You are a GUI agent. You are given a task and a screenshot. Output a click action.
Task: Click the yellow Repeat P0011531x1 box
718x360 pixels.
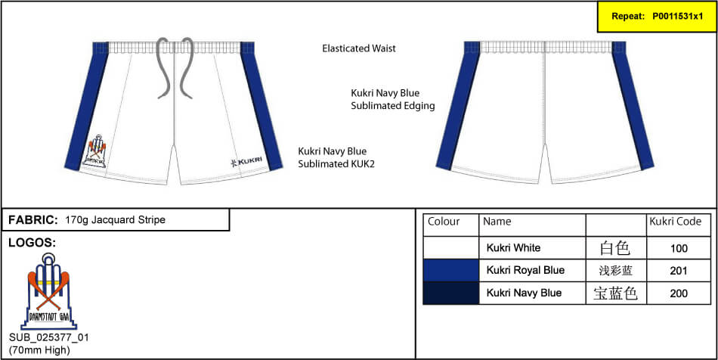(656, 17)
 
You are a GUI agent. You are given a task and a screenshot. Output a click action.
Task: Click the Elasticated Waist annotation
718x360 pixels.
(359, 48)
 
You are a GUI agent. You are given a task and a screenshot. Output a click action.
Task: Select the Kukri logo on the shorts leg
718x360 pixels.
(246, 161)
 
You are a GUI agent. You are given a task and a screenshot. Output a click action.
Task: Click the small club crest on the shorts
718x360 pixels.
(96, 151)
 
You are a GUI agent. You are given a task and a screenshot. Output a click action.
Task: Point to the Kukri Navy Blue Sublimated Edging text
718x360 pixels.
(392, 99)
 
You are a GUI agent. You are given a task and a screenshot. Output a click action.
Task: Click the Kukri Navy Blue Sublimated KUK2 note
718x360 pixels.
(336, 157)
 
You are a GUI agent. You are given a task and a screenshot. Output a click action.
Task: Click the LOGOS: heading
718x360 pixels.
(32, 244)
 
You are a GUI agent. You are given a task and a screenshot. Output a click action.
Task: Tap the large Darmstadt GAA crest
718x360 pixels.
(48, 291)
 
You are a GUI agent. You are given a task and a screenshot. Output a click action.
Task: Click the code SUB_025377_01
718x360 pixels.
(49, 338)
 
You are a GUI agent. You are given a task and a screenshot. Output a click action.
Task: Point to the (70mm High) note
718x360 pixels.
(39, 351)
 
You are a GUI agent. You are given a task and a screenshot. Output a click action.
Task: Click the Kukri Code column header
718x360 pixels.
(676, 222)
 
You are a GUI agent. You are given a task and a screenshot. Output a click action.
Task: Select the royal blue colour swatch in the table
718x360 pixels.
(451, 270)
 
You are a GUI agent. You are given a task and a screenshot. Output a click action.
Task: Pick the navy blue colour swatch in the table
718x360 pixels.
(451, 293)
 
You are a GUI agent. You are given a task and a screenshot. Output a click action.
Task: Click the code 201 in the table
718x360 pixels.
(678, 272)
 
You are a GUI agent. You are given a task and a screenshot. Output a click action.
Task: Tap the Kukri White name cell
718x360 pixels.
(513, 248)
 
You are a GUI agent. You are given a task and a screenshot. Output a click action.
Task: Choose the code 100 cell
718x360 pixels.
(678, 249)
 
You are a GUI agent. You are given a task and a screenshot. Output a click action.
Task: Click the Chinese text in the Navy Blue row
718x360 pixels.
(615, 293)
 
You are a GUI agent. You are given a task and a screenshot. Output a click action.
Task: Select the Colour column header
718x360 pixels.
(444, 222)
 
